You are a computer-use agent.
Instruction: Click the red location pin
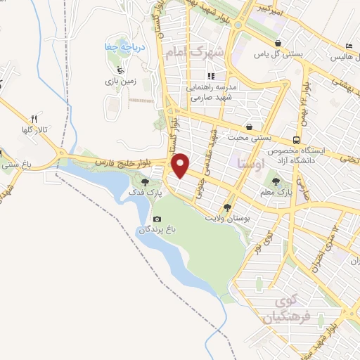182,165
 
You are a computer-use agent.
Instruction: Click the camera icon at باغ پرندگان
156,219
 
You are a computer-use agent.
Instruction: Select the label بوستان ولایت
228,218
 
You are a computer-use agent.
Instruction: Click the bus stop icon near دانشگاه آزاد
298,139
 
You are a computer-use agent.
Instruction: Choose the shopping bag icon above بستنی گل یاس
279,42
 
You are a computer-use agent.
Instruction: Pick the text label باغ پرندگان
155,230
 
